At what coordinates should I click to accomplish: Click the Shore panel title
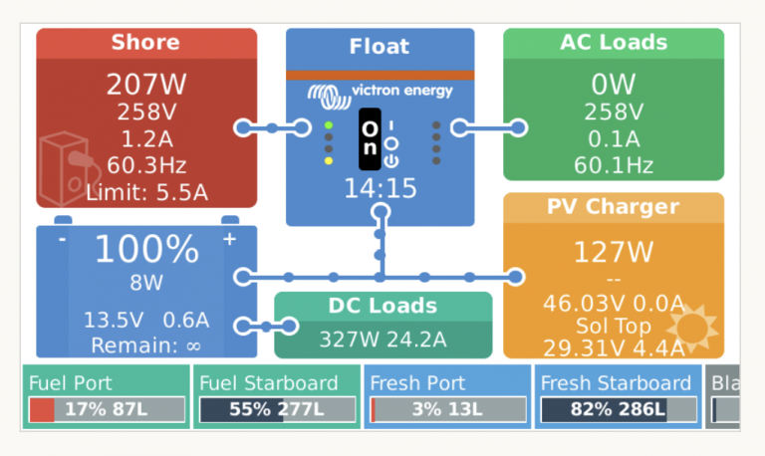(145, 42)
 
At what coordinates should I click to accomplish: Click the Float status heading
(380, 46)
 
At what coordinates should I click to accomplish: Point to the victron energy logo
(380, 92)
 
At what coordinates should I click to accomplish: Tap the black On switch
(370, 139)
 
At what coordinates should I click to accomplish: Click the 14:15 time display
(380, 188)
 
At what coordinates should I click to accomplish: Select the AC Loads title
(613, 42)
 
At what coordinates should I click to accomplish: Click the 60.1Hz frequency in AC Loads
(613, 164)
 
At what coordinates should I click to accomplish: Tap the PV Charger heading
(613, 207)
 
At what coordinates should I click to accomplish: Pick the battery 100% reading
(146, 249)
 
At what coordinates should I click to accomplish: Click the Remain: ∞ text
(146, 345)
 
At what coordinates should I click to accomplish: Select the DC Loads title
(382, 306)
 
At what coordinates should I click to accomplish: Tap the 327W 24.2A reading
(382, 339)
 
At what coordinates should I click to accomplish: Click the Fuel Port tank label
(71, 382)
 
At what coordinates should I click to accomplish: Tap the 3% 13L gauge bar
(448, 409)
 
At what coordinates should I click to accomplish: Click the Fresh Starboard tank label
(616, 382)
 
